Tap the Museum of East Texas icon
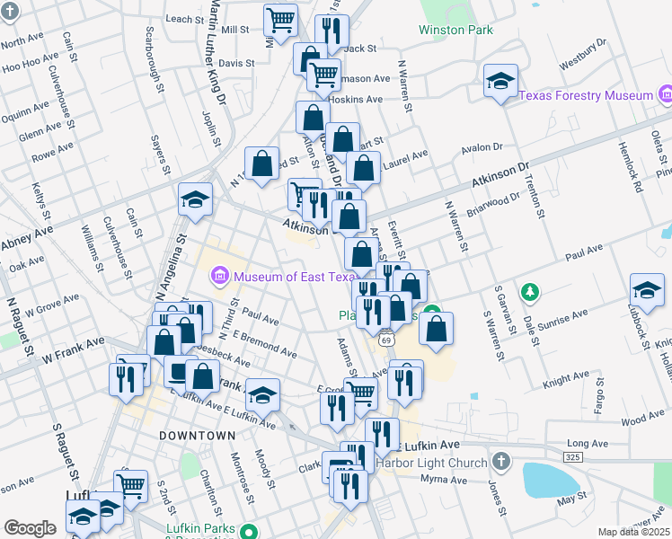221,277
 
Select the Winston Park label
455,30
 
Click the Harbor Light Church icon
501,464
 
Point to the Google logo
30,528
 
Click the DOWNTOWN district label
197,435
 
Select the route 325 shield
572,458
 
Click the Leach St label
186,19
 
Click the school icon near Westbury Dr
500,82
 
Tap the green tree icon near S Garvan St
531,292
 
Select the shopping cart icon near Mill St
281,20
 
